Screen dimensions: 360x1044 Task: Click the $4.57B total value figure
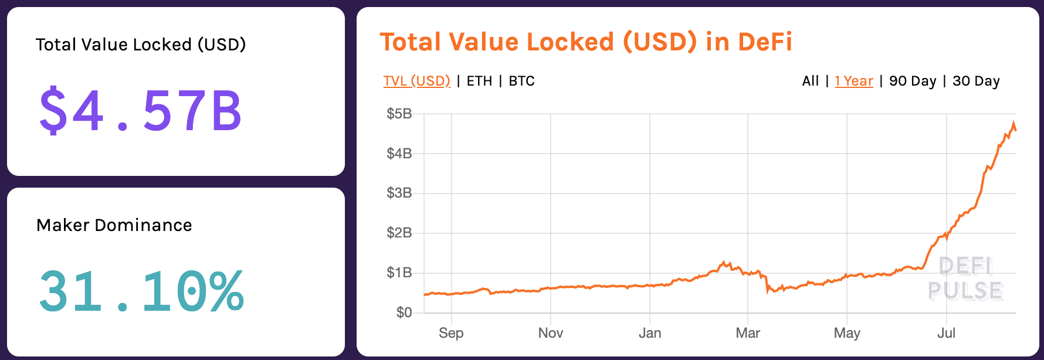(x=140, y=110)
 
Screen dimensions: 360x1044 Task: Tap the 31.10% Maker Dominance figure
(x=141, y=291)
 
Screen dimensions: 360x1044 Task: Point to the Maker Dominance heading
(x=114, y=225)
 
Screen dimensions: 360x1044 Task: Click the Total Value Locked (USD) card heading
(x=141, y=45)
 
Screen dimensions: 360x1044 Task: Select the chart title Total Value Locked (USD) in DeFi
(x=586, y=42)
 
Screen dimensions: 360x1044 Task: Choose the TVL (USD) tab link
(x=416, y=81)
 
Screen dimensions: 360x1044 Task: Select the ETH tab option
(x=479, y=81)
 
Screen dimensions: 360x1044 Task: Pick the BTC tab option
(x=521, y=81)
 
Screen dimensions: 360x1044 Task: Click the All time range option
(x=810, y=81)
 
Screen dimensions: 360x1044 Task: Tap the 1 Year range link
(x=854, y=81)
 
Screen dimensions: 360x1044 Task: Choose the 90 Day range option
(x=913, y=81)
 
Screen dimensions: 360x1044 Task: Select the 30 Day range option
(x=976, y=81)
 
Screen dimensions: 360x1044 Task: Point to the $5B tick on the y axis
(x=399, y=114)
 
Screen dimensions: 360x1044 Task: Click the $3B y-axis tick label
(x=399, y=193)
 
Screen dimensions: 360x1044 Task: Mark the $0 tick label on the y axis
(x=404, y=313)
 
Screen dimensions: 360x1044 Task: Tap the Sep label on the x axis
(x=451, y=333)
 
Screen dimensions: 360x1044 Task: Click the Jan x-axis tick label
(x=650, y=333)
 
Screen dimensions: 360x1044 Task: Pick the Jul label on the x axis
(x=946, y=333)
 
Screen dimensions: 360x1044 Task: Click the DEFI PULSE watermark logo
(x=965, y=279)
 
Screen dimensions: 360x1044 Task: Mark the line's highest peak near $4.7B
(x=1014, y=123)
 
